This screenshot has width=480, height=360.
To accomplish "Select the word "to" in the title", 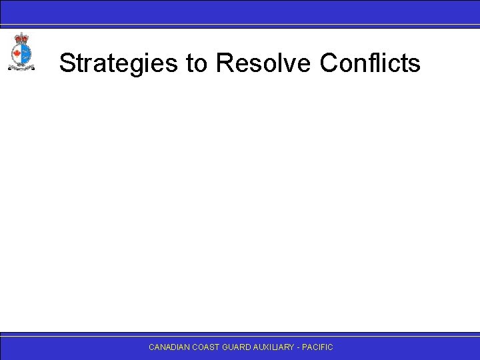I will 197,64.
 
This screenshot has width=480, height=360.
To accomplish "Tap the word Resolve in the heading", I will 263,64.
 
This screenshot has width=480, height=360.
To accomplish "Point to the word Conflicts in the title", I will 370,64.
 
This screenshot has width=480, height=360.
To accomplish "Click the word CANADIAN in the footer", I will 169,347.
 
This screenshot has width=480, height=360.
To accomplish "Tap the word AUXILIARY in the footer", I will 275,347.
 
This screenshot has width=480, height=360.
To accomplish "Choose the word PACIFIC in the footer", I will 319,347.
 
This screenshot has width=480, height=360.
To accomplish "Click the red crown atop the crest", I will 21,39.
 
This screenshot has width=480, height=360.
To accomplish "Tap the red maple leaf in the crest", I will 17,53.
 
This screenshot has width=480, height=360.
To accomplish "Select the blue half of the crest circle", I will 25,53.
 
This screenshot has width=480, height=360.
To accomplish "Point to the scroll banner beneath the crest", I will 21,67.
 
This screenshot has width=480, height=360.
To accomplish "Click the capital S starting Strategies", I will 66,64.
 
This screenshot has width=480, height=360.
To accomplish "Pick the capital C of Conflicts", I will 329,64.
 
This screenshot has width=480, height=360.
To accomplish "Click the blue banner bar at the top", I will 240,11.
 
